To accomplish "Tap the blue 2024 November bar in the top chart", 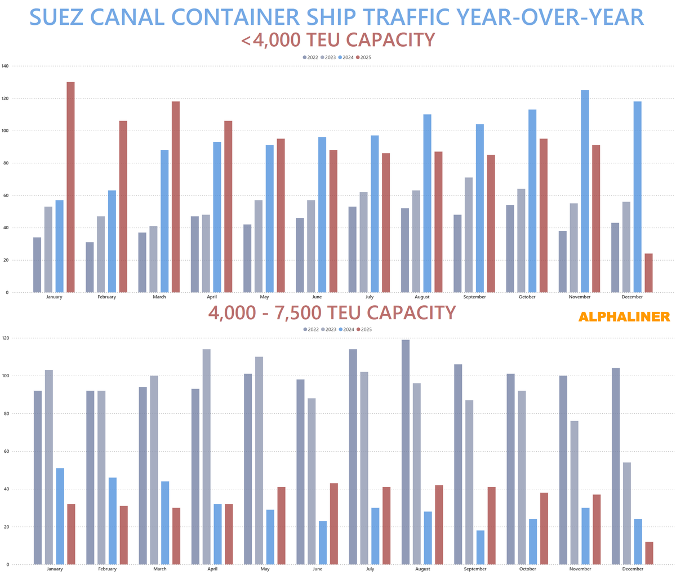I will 585,191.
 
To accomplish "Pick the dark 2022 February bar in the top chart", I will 90,267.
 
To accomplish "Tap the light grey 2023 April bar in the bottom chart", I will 207,457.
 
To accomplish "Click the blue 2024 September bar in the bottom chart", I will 480,547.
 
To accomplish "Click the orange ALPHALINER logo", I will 624,317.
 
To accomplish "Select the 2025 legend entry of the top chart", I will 363,57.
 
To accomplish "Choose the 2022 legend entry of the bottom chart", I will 310,329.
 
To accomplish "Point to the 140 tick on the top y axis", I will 5,66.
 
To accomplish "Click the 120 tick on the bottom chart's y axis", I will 5,338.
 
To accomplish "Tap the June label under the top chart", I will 317,297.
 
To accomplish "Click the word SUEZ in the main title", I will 64,17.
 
